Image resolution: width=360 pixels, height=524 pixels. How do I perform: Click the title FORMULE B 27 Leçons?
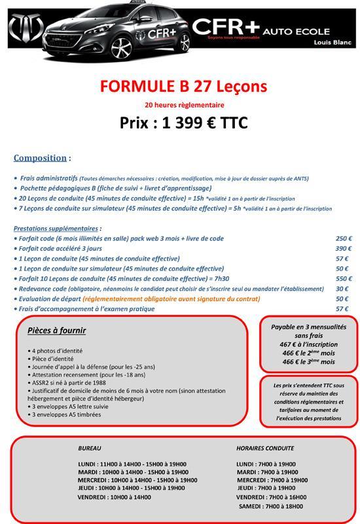(x=183, y=87)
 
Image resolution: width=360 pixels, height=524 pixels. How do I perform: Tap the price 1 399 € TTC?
(x=184, y=123)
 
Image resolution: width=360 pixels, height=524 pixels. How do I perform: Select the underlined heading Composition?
(x=40, y=158)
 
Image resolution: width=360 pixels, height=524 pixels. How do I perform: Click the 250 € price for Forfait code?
(x=344, y=238)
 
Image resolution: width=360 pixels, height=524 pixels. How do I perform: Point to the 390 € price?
(x=344, y=248)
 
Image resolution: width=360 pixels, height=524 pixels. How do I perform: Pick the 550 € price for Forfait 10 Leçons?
(x=344, y=278)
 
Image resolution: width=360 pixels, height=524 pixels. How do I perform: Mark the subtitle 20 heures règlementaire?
(x=184, y=104)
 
